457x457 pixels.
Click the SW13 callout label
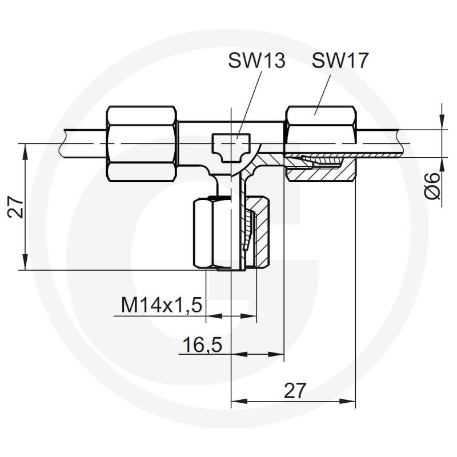256,61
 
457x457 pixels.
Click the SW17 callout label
340,61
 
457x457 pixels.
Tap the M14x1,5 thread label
162,305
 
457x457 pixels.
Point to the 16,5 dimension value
202,344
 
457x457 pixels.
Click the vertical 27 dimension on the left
16,207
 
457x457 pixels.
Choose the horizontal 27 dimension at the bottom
295,390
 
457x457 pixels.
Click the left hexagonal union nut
142,144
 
